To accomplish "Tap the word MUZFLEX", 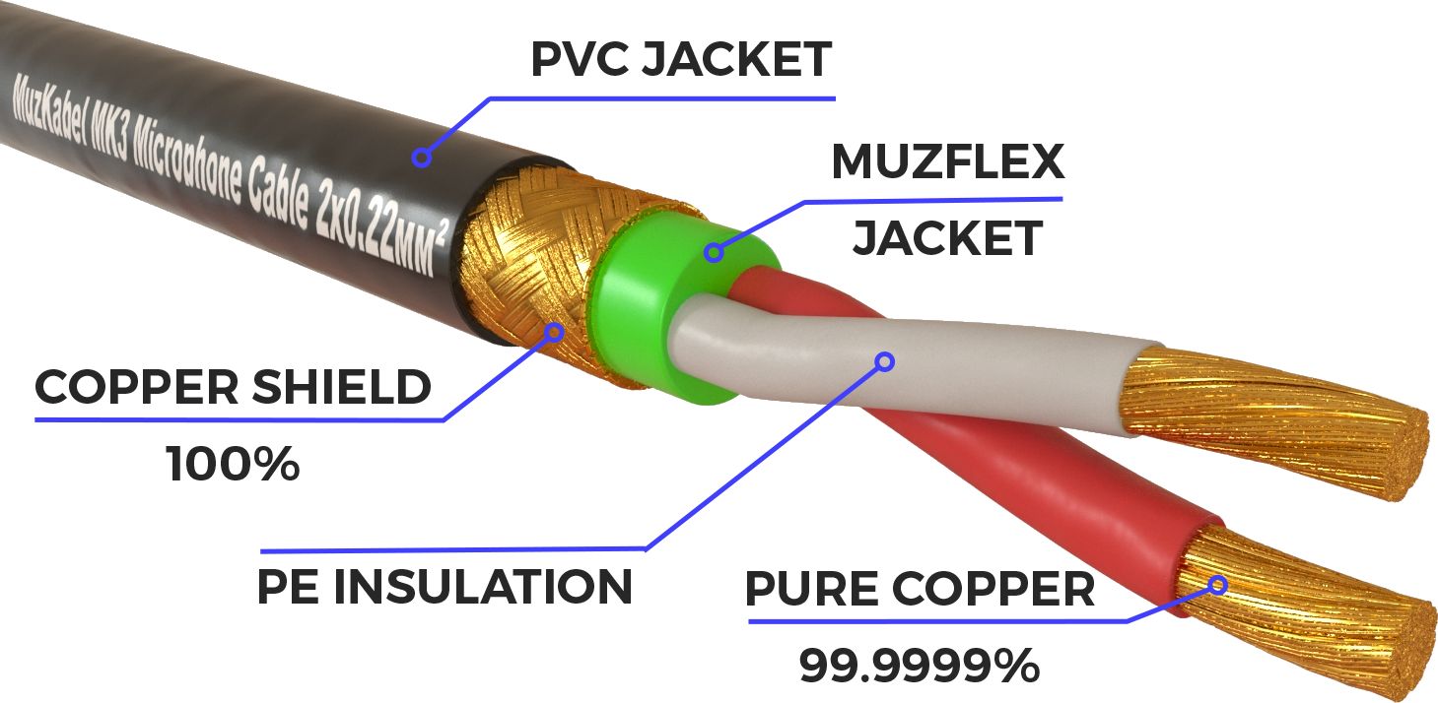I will point(948,162).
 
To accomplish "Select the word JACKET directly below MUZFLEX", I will point(947,238).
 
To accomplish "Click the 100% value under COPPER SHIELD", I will point(233,464).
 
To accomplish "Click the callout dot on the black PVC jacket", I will point(422,157).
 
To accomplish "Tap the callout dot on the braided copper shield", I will point(554,333).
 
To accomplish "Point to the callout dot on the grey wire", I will point(884,362).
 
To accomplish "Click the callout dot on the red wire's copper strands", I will point(1218,586).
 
